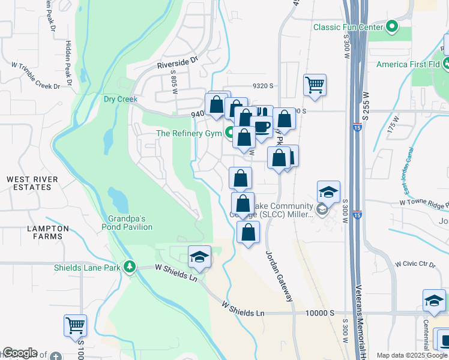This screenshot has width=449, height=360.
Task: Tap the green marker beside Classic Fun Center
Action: point(392,26)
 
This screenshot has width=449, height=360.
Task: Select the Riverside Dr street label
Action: point(177,61)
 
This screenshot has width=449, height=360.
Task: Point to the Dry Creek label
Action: point(121,99)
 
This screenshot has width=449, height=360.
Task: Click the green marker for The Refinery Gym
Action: point(229,133)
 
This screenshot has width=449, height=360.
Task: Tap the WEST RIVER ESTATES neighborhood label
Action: point(32,183)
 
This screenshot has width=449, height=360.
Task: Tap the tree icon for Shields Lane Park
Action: point(129,266)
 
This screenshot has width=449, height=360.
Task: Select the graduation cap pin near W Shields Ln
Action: point(199,257)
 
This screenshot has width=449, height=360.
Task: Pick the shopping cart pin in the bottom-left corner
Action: point(76,326)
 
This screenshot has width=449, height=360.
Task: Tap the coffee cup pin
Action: point(262,127)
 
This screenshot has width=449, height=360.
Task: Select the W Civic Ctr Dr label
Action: point(414,264)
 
